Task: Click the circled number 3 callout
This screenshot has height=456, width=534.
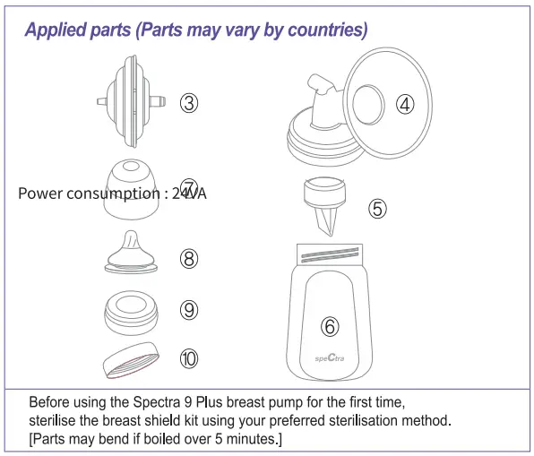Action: point(189,102)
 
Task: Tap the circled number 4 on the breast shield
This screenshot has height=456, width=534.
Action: point(406,104)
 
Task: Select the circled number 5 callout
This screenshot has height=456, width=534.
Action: point(378,209)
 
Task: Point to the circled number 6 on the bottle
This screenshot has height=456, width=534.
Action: point(331,327)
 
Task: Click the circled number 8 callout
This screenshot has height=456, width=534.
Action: point(189,259)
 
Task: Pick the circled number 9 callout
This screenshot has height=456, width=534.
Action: point(189,310)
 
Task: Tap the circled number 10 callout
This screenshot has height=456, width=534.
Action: point(189,358)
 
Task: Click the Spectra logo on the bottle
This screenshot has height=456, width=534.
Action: point(331,361)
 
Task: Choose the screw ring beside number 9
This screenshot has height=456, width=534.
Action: point(134,310)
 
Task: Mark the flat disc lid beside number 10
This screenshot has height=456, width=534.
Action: point(134,358)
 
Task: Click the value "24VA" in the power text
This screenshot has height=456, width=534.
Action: point(189,193)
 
